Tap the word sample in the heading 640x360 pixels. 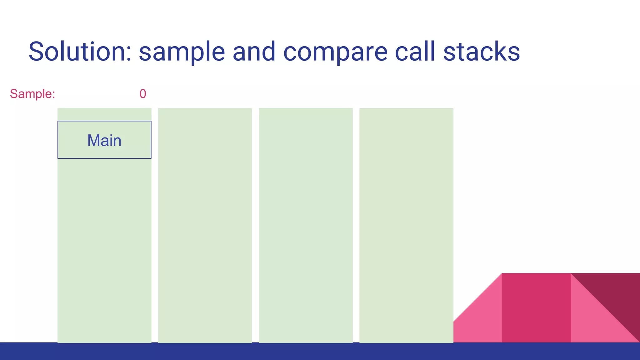point(182,52)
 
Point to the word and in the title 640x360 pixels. point(254,52)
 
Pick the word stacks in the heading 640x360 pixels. point(481,52)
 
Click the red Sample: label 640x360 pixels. point(32,94)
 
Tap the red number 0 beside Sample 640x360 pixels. point(143,94)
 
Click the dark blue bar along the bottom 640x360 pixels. point(320,352)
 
